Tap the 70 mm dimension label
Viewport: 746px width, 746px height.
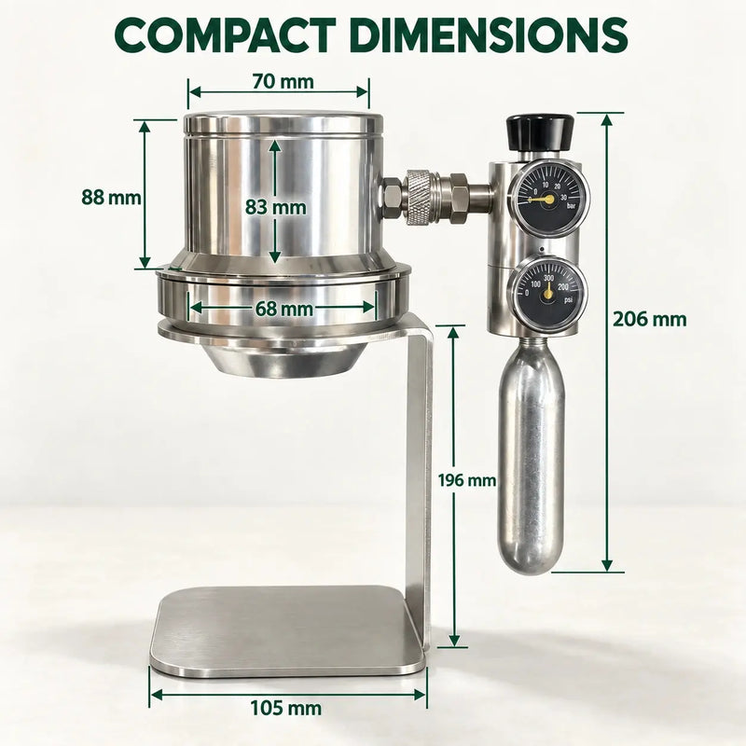tap(283, 82)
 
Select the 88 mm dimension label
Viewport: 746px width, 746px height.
tap(111, 197)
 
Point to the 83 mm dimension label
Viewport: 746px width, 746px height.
tap(275, 207)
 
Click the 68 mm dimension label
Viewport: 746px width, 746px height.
tap(284, 309)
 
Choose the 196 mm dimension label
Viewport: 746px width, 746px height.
tap(467, 480)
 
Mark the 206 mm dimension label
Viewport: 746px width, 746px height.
tap(649, 319)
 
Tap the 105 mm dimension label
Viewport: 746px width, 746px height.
tap(286, 709)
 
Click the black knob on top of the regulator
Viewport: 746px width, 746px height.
tap(540, 131)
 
